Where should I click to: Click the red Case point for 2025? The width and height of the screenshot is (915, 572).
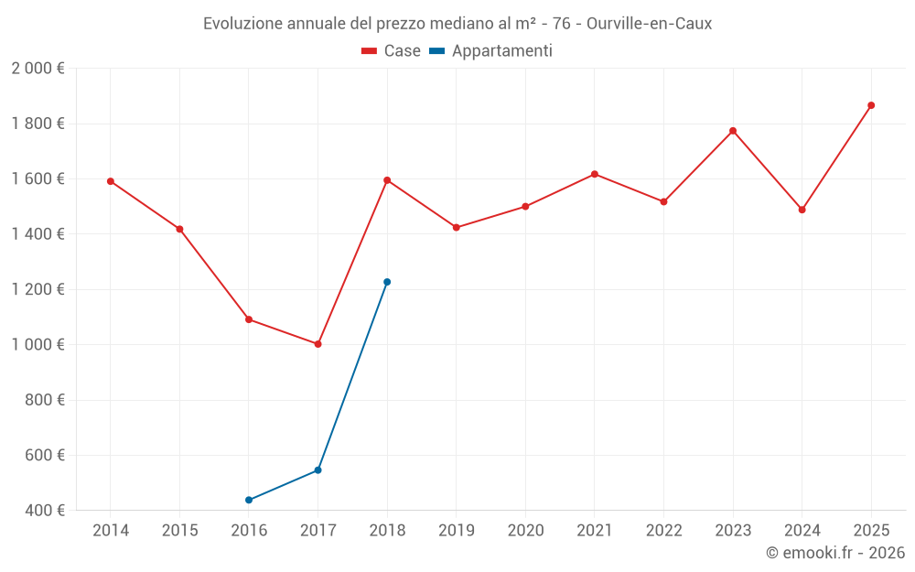[871, 105]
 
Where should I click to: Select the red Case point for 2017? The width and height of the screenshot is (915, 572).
[318, 344]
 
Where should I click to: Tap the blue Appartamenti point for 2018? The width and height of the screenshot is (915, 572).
[387, 282]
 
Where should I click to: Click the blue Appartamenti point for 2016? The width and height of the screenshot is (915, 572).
[249, 500]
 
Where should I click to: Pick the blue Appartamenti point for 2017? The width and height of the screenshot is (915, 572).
[318, 470]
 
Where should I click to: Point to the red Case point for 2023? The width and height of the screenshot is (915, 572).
[733, 131]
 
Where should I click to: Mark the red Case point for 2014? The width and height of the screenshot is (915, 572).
[111, 181]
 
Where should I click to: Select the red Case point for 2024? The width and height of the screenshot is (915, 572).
[802, 210]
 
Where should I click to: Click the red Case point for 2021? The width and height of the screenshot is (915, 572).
[595, 174]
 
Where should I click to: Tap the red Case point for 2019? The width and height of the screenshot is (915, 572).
[457, 227]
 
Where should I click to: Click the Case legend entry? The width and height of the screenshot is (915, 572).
[392, 51]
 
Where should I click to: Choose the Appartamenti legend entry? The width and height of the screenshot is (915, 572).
[491, 51]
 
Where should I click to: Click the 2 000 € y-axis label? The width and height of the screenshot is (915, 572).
[38, 69]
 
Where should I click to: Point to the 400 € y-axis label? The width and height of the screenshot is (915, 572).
[43, 510]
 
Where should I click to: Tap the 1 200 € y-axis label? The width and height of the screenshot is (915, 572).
[38, 289]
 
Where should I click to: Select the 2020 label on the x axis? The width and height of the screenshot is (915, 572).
[525, 531]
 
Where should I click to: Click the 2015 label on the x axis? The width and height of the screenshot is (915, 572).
[179, 531]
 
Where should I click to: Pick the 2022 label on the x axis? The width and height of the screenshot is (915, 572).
[663, 531]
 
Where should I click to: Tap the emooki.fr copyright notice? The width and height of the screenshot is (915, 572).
[834, 553]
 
